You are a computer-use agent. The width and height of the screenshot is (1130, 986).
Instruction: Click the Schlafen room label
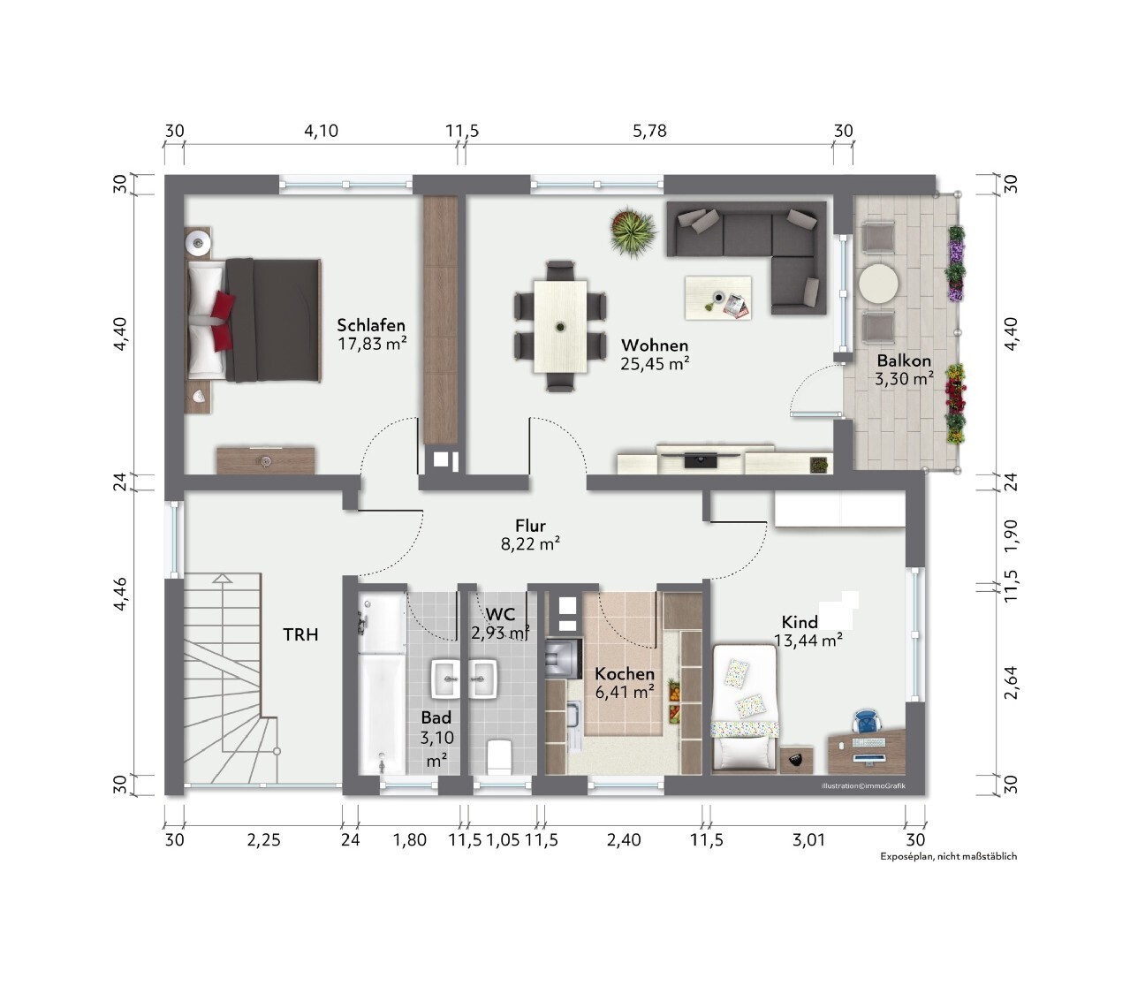(371, 325)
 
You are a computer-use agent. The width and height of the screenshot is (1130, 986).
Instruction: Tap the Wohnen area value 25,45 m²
(655, 364)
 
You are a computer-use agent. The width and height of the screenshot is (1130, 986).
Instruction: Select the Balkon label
(904, 360)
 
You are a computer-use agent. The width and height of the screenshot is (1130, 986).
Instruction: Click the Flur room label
(530, 526)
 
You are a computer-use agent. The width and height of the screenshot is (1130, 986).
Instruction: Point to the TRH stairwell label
(300, 634)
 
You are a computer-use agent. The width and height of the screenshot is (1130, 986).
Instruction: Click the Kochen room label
(624, 674)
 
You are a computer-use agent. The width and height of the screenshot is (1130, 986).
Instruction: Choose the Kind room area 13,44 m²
(808, 641)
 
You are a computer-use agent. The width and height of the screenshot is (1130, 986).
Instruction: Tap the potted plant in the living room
(633, 232)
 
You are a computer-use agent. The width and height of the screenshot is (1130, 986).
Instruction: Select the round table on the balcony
(878, 283)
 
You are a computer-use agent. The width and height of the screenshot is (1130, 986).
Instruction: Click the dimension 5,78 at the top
(649, 131)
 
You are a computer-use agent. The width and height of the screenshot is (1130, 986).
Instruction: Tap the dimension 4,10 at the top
(321, 131)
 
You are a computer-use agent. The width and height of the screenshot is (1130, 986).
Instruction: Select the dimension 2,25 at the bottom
(263, 840)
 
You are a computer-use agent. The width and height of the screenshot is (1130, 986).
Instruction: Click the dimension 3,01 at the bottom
(808, 840)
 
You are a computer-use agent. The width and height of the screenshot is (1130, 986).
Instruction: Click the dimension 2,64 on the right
(1010, 682)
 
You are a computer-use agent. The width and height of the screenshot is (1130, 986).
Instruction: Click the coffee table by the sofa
(718, 298)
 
